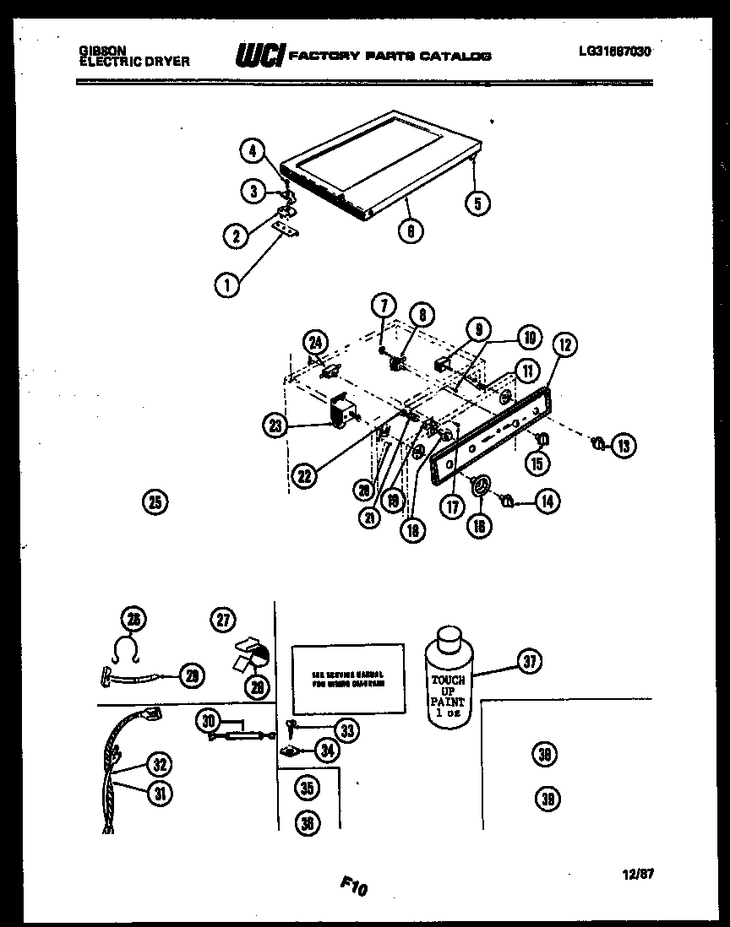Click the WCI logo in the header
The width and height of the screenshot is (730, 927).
(x=259, y=56)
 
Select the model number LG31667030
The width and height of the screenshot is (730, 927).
(x=614, y=51)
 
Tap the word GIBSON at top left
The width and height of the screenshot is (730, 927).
(x=97, y=51)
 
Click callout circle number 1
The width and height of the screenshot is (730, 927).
(x=226, y=286)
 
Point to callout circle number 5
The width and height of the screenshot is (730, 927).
(x=477, y=202)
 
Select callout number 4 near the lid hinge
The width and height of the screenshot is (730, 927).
(x=251, y=152)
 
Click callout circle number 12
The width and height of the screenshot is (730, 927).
(x=564, y=344)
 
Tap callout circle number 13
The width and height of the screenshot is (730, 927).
(x=624, y=447)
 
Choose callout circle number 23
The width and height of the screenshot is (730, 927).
(x=276, y=427)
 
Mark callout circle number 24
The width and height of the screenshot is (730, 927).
(x=316, y=342)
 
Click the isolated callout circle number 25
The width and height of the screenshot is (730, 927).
(x=155, y=502)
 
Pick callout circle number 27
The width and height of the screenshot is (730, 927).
(x=223, y=620)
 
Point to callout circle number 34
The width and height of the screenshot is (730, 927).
(x=326, y=749)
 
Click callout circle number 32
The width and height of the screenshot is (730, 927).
(x=158, y=765)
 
